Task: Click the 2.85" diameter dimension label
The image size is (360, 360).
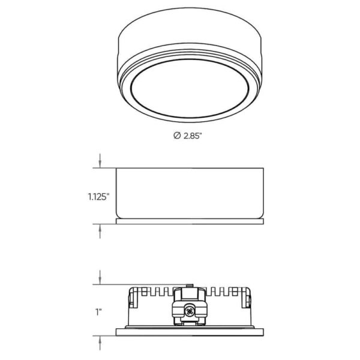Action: pos(187,136)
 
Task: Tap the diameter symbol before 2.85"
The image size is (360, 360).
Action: pos(177,136)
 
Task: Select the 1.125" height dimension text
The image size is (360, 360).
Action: pos(98,197)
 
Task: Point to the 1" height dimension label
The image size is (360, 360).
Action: pos(98,312)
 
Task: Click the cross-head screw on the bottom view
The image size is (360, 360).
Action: pos(190,311)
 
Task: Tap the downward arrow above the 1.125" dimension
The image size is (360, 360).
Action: pos(100,161)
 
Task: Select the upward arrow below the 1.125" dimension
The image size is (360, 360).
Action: pos(100,231)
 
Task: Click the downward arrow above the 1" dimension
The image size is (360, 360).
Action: pos(100,277)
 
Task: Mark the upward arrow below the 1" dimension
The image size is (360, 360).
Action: pos(100,343)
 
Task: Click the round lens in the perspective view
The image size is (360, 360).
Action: pos(190,88)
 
